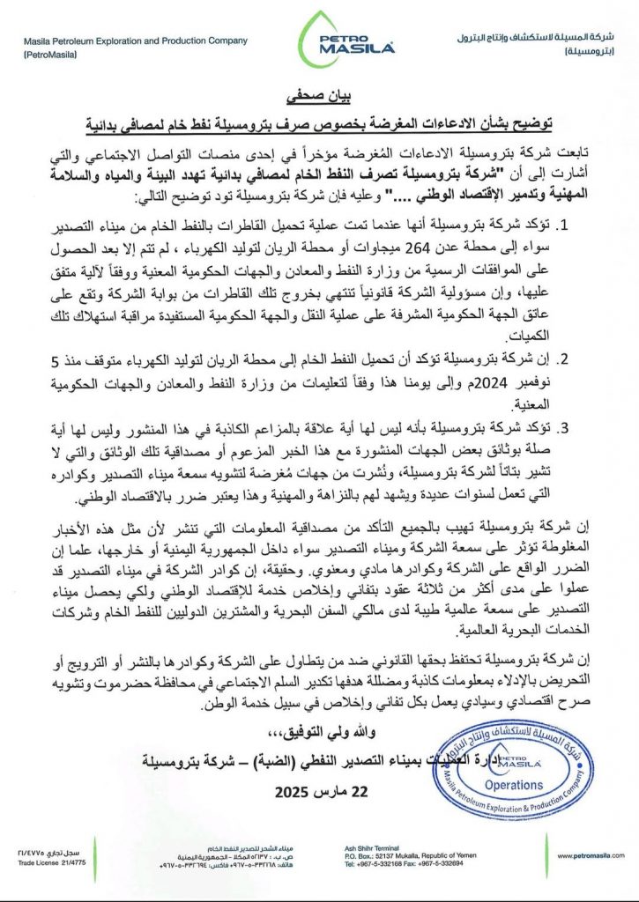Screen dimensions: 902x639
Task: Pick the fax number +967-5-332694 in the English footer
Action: click(x=441, y=864)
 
